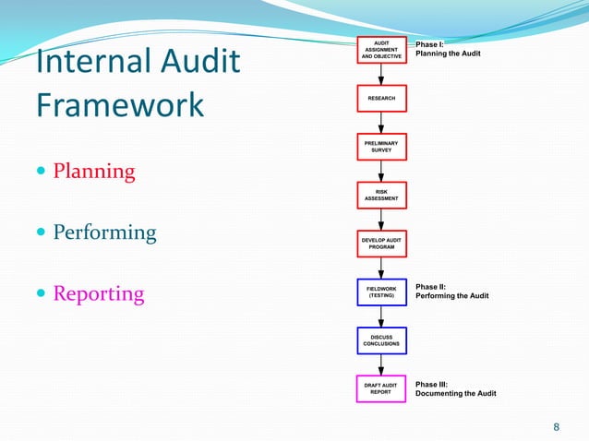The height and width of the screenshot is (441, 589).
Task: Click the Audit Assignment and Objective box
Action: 381,50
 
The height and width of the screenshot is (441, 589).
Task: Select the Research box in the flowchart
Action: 381,98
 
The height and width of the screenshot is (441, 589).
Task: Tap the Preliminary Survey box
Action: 381,146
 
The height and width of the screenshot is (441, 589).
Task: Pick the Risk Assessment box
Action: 381,195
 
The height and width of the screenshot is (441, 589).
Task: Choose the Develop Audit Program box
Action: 381,244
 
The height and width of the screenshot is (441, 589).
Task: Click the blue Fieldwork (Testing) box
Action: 381,292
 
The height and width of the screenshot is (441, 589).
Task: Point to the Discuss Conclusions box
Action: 381,340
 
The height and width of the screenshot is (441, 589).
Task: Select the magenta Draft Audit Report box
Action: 381,387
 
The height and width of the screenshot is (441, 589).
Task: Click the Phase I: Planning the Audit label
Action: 448,49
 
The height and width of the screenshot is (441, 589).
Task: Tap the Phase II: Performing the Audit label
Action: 451,292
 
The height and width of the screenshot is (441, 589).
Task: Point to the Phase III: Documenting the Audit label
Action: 455,388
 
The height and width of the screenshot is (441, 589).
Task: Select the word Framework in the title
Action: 120,105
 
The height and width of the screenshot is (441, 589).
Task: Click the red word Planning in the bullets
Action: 94,172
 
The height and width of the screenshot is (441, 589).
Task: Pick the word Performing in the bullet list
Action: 104,232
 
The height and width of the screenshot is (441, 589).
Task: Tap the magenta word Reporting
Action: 99,294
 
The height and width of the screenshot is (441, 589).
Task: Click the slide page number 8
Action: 556,426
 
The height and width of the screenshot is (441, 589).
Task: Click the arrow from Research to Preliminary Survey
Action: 381,123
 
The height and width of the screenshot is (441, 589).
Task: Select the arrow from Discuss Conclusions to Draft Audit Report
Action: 381,364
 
